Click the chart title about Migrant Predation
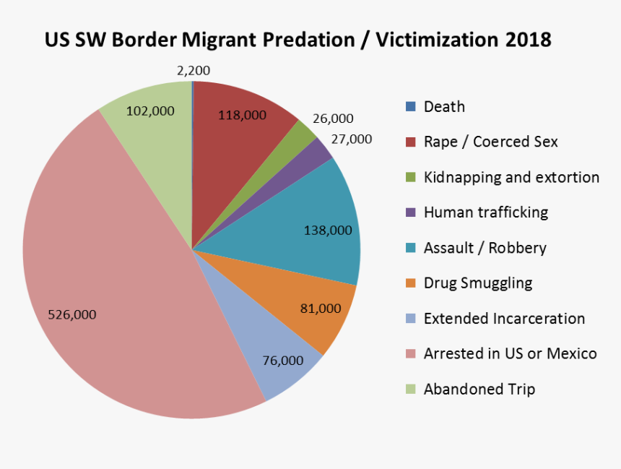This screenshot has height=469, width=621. [x=298, y=40]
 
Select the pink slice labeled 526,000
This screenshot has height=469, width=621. [x=108, y=289]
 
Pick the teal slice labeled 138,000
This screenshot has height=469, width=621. [x=318, y=217]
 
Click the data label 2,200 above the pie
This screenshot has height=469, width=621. [x=194, y=71]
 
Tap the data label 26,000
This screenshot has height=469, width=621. [x=333, y=119]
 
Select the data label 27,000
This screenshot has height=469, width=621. [x=351, y=139]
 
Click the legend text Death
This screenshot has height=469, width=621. [x=444, y=107]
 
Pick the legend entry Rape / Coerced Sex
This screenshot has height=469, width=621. [x=490, y=142]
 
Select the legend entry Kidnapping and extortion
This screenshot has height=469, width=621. [x=511, y=177]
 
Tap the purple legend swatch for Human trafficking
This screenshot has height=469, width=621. [x=411, y=212]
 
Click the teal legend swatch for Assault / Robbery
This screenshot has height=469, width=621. [x=411, y=248]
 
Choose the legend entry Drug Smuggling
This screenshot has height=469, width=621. [x=478, y=283]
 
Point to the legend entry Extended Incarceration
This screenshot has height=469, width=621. [x=504, y=319]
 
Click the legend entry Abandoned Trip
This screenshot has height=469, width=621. [x=479, y=390]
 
